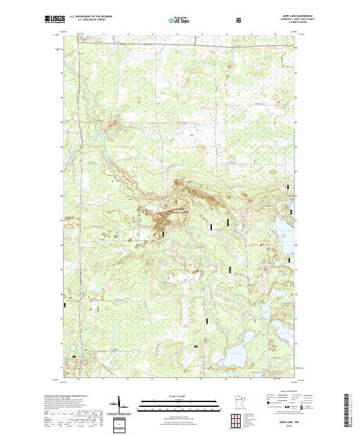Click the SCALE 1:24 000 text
pyautogui.click(x=176, y=397)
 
